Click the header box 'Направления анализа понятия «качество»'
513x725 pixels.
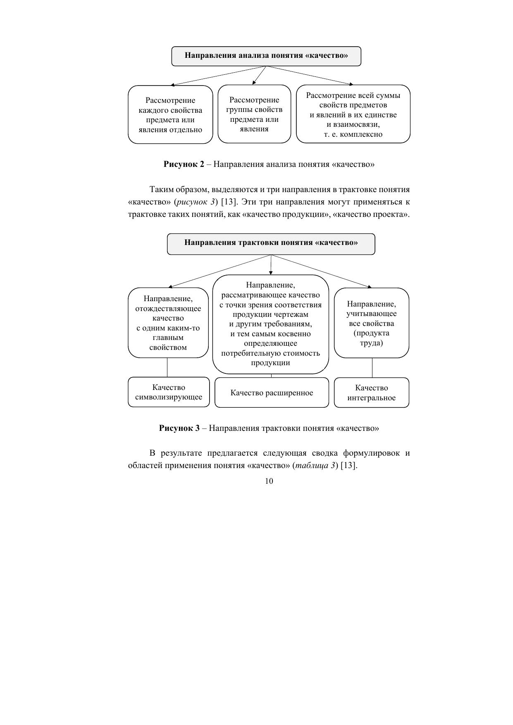[x=266, y=56]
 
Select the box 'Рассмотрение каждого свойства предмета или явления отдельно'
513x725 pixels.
[x=170, y=115]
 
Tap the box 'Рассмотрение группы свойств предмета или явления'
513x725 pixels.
[x=254, y=114]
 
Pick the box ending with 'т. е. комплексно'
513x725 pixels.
[x=353, y=114]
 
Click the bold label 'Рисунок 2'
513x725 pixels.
[x=184, y=164]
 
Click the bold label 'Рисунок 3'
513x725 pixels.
[x=179, y=428]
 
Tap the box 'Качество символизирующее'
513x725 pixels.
[x=169, y=392]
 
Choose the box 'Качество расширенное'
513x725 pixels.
[x=272, y=393]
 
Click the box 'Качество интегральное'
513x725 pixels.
[x=371, y=393]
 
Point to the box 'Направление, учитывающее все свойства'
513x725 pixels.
[x=371, y=323]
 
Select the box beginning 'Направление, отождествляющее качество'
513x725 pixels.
[x=168, y=323]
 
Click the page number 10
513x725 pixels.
[x=269, y=481]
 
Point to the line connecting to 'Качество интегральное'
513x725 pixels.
[x=372, y=367]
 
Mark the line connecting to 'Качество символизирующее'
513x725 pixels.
[x=167, y=367]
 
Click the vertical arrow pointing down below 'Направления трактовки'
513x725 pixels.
[x=271, y=265]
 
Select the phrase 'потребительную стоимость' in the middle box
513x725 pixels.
[x=270, y=353]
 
